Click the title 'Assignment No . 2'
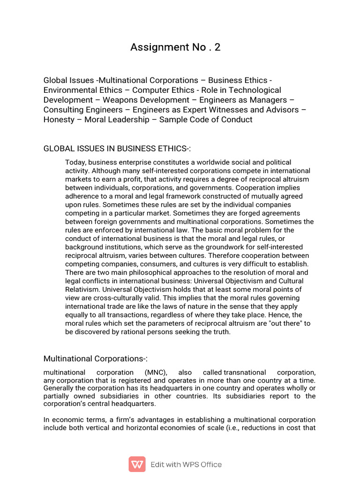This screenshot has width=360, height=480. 175,47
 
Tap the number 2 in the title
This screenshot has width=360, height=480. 217,47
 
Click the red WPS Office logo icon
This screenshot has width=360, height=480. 137,464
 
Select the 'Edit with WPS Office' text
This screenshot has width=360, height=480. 186,465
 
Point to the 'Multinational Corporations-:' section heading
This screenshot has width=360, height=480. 95,359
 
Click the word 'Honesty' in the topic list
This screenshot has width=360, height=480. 59,120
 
